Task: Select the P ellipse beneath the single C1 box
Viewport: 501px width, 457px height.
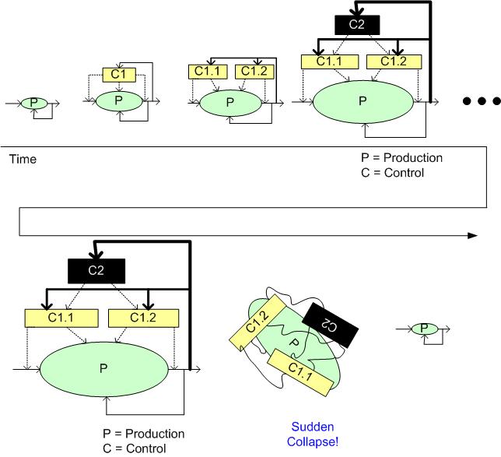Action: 118,100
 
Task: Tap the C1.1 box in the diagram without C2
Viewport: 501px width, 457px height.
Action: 203,72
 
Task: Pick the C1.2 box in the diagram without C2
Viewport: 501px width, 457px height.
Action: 252,72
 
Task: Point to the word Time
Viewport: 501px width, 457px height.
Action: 23,159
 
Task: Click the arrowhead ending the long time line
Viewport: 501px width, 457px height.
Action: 472,234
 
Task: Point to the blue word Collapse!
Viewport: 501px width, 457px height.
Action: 312,441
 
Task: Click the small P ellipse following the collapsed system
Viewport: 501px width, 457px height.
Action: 425,329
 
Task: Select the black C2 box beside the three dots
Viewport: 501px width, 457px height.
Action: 356,25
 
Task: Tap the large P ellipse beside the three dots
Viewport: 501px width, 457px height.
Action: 362,102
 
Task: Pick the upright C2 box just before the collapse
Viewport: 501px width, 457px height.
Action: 96,271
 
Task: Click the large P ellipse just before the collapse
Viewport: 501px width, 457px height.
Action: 104,368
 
